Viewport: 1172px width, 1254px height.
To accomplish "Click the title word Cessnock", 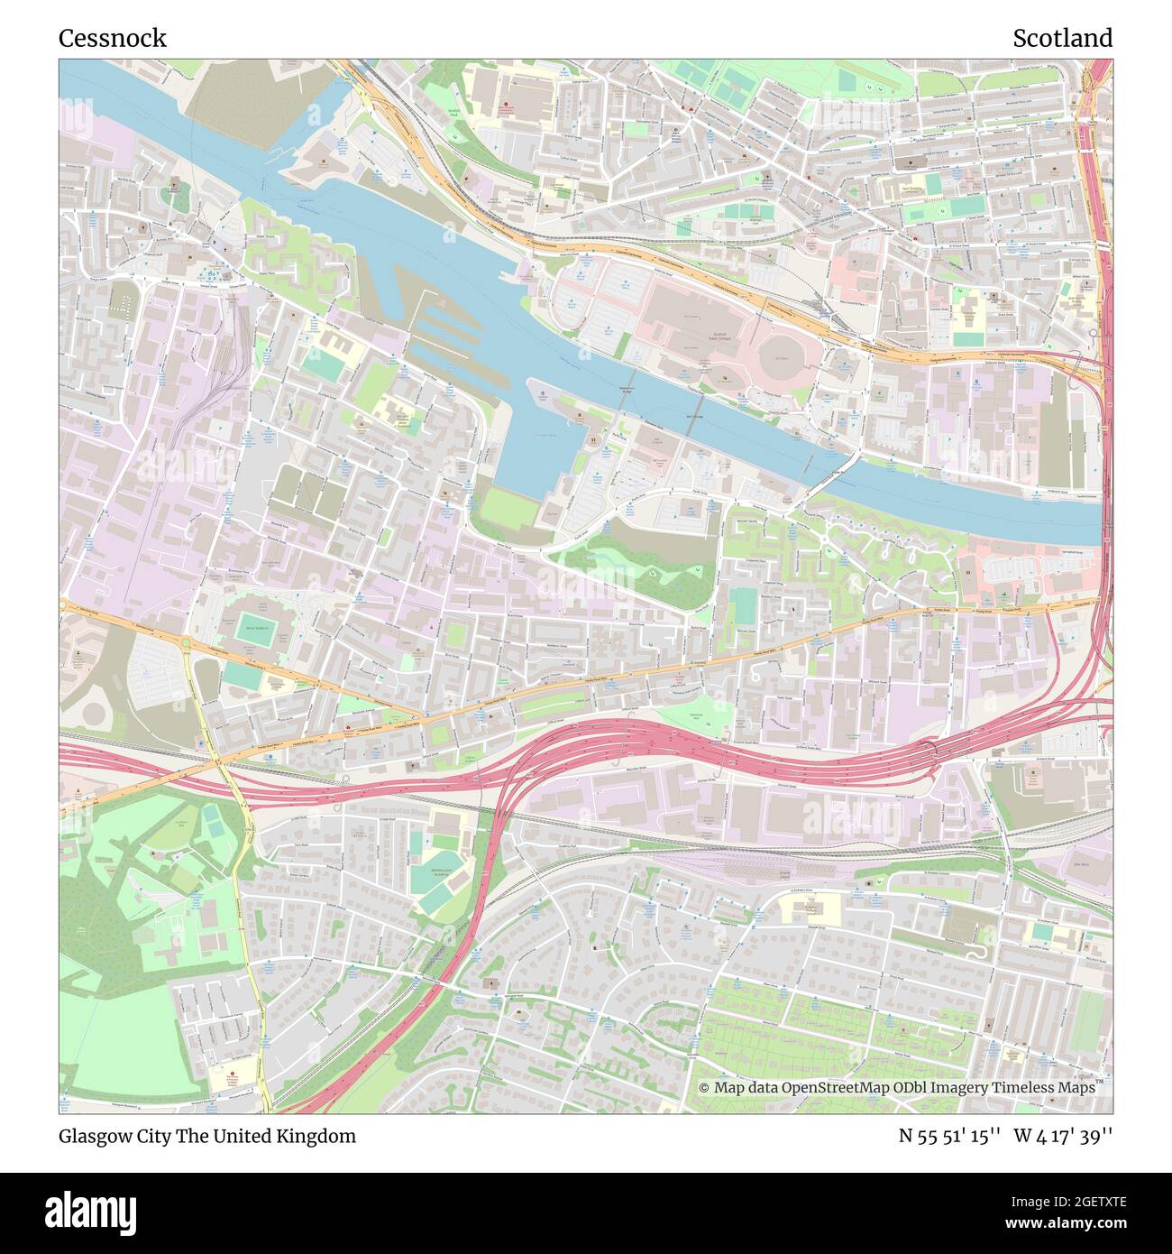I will pyautogui.click(x=112, y=38).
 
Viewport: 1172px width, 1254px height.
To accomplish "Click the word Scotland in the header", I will pyautogui.click(x=1061, y=38).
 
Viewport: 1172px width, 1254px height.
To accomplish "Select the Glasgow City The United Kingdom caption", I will pyautogui.click(x=206, y=1136).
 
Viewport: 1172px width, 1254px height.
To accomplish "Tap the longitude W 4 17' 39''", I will pyautogui.click(x=1063, y=1136).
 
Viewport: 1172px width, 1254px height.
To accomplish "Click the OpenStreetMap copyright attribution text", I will pyautogui.click(x=898, y=1088).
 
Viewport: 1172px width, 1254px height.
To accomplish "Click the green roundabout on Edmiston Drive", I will pyautogui.click(x=186, y=644).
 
